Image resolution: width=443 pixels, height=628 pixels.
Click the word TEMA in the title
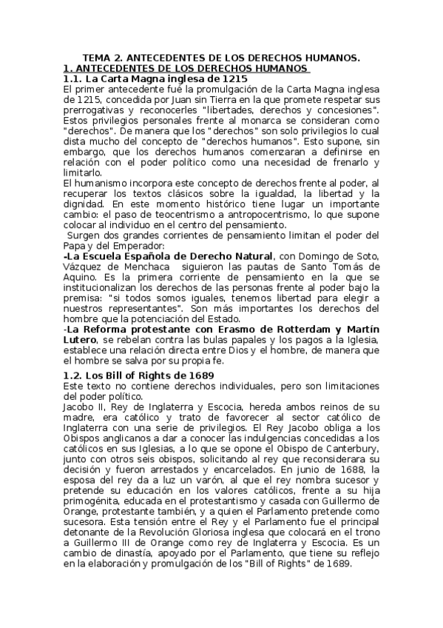pyautogui.click(x=95, y=58)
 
